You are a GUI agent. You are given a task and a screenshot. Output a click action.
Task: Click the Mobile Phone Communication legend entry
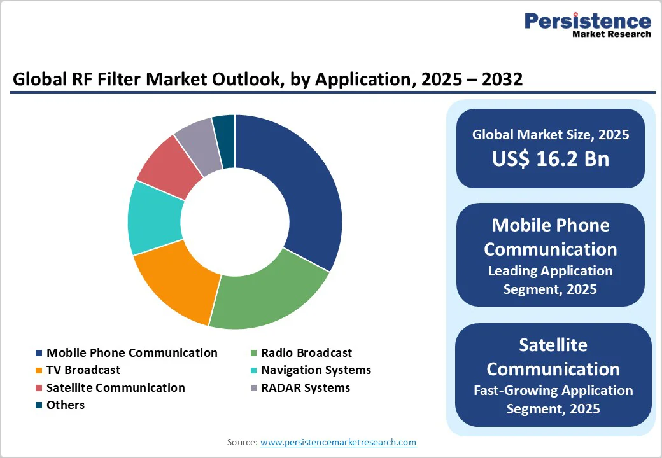(132, 353)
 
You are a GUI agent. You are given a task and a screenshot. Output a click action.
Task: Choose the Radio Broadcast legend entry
(306, 353)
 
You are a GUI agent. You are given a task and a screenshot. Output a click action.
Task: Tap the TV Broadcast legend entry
(83, 370)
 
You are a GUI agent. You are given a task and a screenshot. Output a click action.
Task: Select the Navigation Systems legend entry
(316, 370)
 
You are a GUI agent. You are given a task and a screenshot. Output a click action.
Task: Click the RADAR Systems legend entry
(306, 388)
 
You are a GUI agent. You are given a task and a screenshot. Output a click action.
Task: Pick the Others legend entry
(66, 405)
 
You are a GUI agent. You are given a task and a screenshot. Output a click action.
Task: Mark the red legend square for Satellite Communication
(39, 388)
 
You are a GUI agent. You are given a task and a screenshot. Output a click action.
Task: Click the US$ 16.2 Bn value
(550, 159)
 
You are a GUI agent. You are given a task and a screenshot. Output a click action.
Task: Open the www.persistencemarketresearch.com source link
(338, 442)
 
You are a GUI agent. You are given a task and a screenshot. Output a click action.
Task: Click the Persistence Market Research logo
(587, 25)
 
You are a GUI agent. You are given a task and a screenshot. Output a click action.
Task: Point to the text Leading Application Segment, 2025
(550, 280)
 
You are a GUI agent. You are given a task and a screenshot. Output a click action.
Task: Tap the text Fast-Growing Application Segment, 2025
(553, 399)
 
